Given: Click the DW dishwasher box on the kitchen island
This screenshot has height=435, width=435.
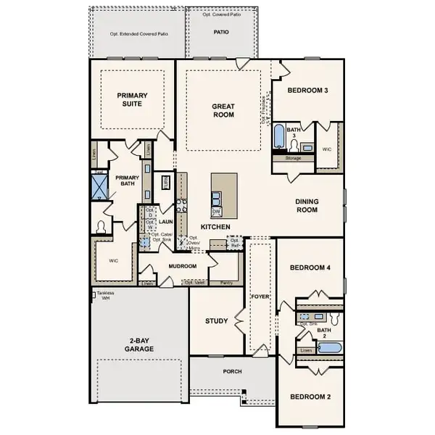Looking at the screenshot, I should point(216,211).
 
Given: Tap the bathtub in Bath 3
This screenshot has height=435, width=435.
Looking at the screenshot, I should point(279,136).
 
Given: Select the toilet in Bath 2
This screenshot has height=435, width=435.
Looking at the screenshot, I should point(334,318).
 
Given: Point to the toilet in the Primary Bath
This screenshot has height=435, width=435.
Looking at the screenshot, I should point(99,228).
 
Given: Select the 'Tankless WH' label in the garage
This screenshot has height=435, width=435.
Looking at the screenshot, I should point(106,296).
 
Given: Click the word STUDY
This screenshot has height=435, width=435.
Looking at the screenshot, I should point(216,321).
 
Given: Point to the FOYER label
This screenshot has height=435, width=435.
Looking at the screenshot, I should point(260,296).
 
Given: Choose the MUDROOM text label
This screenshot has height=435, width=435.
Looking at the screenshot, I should point(183,266).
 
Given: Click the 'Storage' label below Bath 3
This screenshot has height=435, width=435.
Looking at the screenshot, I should point(293,157).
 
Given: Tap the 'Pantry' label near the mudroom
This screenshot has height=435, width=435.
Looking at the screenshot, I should point(226,283).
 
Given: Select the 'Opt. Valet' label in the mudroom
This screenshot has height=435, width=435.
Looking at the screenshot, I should point(194,283).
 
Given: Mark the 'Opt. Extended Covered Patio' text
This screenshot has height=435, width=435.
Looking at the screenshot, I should point(138,33).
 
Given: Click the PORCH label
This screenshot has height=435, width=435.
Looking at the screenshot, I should point(233,371).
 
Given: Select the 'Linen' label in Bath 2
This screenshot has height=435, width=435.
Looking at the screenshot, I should point(306,349).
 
